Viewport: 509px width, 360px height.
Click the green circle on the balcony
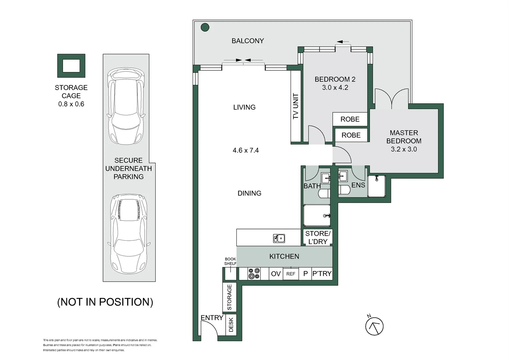point(205,27)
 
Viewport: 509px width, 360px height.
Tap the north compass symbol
point(374,326)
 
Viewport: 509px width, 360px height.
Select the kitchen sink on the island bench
point(279,238)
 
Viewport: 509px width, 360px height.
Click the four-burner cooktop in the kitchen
point(254,273)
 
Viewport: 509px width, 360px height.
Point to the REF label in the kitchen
point(291,274)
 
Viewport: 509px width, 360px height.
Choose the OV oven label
point(276,274)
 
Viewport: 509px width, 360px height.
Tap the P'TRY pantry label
point(322,273)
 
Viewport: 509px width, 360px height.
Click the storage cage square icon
point(71,66)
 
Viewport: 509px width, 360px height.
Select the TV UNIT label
point(295,106)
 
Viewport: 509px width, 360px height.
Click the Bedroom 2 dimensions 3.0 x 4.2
point(335,87)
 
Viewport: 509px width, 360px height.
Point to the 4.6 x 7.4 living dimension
point(246,150)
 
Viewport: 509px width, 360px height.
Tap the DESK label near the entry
point(231,325)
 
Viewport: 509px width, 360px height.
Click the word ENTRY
point(212,317)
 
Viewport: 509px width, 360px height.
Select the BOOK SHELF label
point(230,261)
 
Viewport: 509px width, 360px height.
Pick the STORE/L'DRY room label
point(318,237)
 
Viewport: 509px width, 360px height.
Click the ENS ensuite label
point(358,185)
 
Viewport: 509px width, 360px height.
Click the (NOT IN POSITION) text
point(105,302)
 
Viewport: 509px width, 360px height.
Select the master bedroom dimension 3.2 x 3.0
point(404,149)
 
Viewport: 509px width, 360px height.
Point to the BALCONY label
point(248,41)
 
